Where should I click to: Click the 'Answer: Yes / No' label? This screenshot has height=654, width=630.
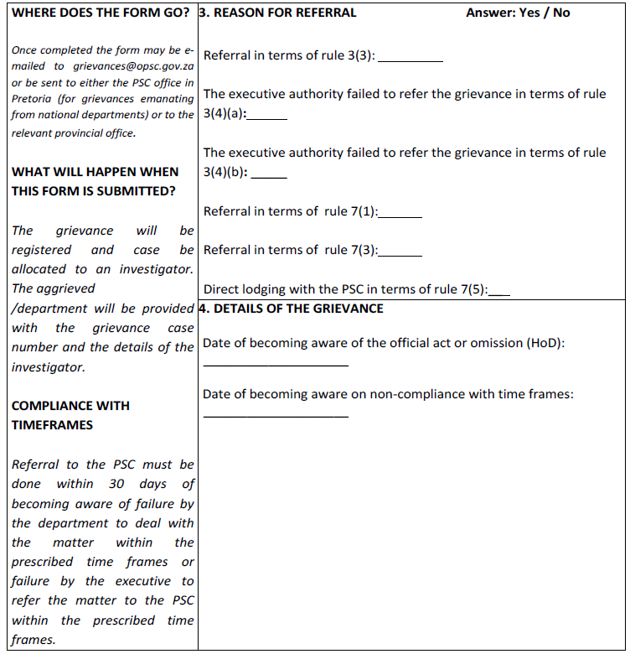pyautogui.click(x=518, y=13)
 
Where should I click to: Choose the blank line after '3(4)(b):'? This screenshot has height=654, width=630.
pyautogui.click(x=269, y=175)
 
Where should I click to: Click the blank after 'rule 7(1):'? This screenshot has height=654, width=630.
pyautogui.click(x=400, y=214)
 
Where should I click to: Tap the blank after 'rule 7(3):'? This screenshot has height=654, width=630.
pyautogui.click(x=400, y=252)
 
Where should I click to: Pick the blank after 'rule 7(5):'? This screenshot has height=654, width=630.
pyautogui.click(x=500, y=293)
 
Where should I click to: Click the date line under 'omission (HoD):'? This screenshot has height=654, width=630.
pyautogui.click(x=276, y=364)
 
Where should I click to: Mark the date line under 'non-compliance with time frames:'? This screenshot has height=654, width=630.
pyautogui.click(x=276, y=415)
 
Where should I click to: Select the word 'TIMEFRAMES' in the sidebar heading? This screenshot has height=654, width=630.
pyautogui.click(x=52, y=425)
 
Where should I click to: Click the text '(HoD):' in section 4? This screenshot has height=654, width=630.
pyautogui.click(x=546, y=344)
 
